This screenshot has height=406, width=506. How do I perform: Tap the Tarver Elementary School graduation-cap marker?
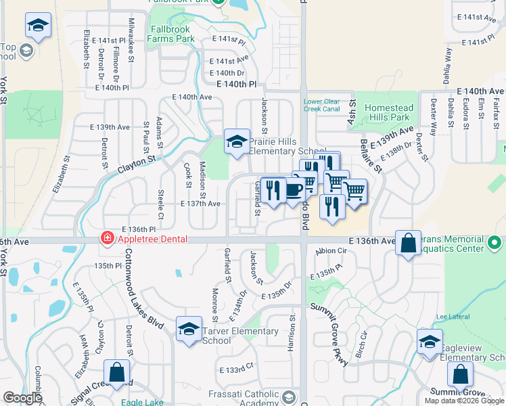tap(189, 330)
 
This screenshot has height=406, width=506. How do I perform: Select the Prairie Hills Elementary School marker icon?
tap(236, 142)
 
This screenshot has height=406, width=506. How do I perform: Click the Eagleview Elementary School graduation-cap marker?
tap(429, 342)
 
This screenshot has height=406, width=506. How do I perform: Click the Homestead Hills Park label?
tap(388, 112)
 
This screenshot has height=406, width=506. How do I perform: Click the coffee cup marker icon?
tap(293, 189)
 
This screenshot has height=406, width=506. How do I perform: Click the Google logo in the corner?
tap(22, 398)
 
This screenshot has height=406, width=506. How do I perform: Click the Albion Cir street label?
tap(331, 250)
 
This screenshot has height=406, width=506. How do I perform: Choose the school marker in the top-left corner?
tap(38, 26)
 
